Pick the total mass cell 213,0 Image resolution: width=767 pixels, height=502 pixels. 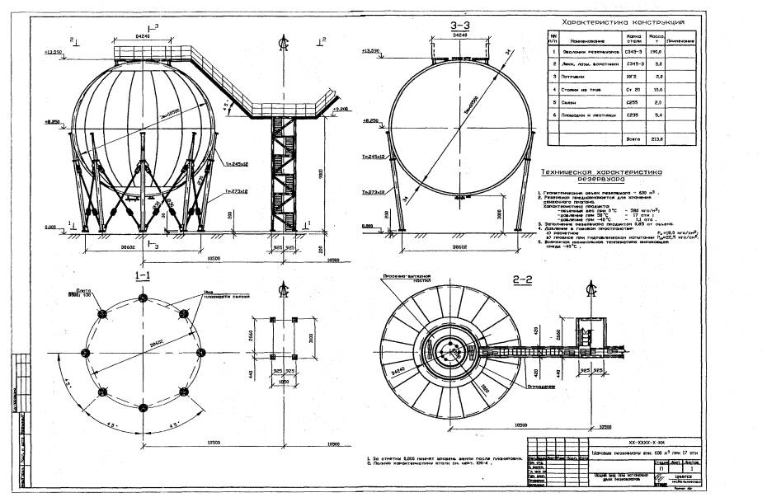659,139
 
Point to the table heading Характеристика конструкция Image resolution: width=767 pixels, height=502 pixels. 623,22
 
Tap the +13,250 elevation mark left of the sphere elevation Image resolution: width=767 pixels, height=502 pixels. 53,51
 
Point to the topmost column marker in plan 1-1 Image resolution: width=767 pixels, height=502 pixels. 144,298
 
